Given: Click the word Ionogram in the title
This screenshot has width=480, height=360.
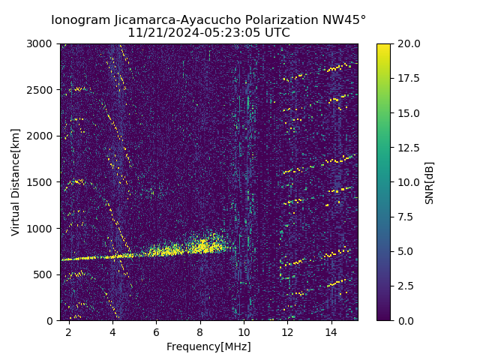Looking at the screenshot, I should (80, 20).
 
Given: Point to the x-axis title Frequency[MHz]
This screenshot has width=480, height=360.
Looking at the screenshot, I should (208, 346).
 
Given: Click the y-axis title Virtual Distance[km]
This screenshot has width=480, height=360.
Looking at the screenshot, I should (16, 181).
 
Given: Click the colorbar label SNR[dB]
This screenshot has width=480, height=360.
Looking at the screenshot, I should (430, 182).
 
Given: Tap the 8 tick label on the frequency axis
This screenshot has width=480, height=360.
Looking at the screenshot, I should (200, 331).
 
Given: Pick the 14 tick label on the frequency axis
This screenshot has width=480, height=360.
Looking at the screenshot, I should (331, 331).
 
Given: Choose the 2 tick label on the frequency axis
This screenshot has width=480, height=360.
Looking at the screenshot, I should (69, 331).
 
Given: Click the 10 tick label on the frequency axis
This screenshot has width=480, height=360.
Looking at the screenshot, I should (244, 331).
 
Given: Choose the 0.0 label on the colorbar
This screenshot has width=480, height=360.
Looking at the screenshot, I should (409, 320).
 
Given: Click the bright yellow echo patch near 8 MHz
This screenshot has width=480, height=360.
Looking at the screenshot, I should (201, 245).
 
